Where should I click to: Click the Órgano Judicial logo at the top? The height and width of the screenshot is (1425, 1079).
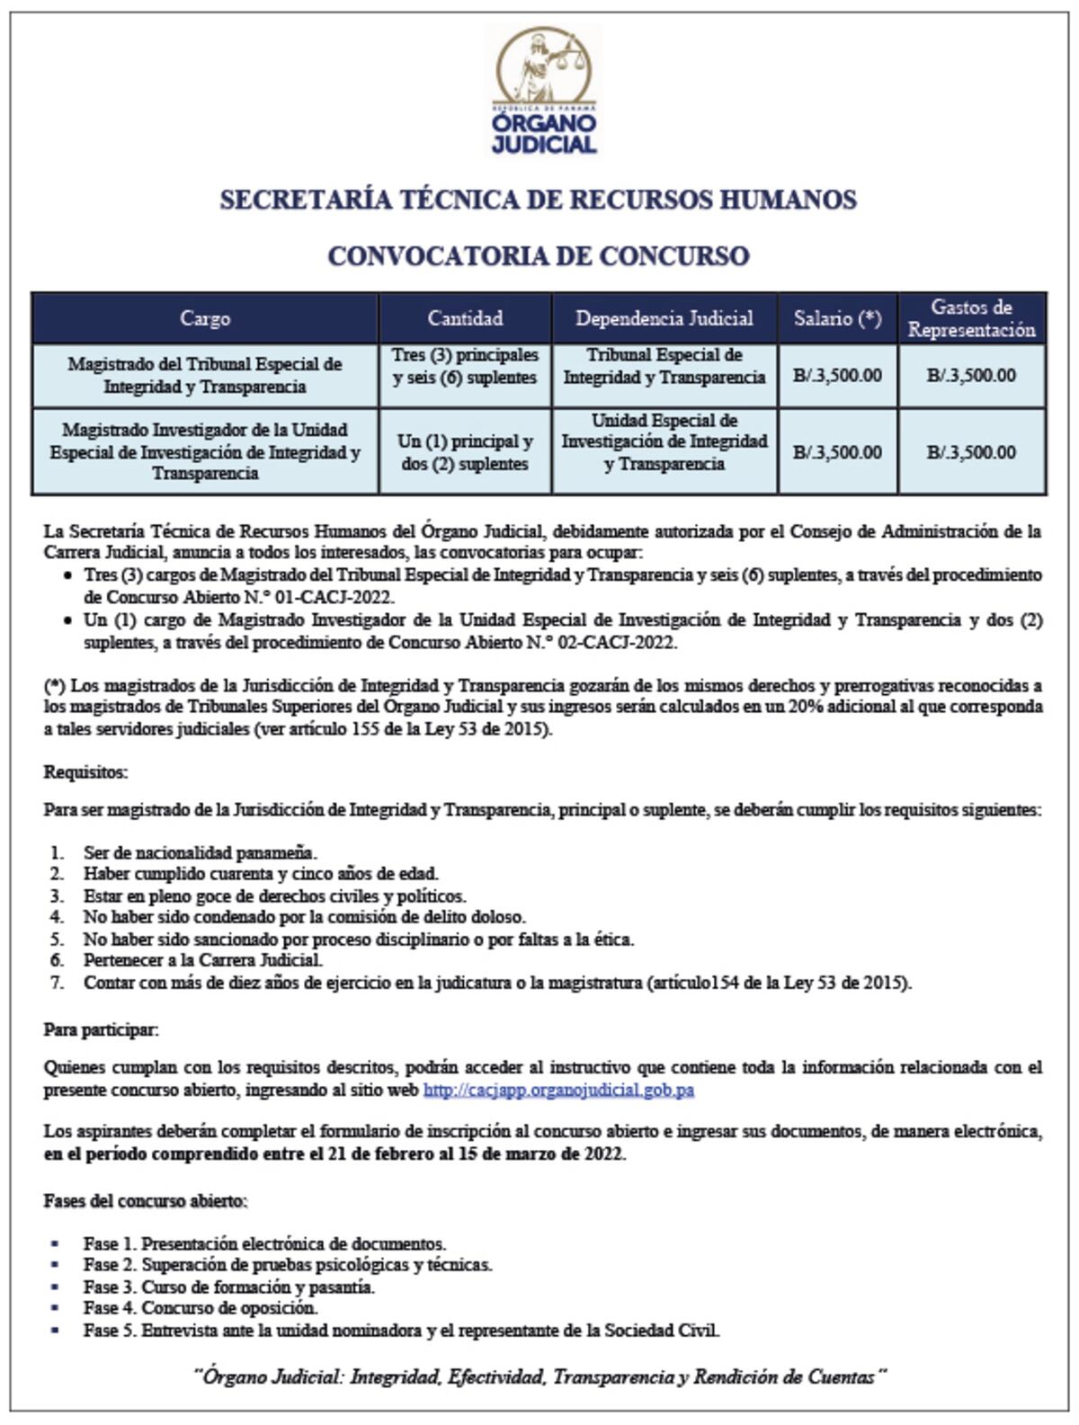pos(543,89)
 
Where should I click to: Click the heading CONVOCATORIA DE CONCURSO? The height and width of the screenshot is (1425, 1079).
pos(538,256)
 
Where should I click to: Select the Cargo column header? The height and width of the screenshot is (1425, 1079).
pos(205,318)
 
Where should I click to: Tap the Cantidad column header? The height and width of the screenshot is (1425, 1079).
pos(465,318)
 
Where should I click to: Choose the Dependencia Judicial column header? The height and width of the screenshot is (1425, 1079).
pos(664,318)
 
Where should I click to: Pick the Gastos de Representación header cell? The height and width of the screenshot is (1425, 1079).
pos(971,318)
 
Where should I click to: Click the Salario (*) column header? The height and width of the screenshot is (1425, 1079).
pos(837,318)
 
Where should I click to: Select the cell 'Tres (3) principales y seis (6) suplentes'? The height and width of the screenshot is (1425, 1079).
pos(465,367)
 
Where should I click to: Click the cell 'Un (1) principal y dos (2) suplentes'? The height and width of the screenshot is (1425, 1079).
pos(465,452)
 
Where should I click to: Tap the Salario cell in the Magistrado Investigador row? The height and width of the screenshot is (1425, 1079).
pos(837,452)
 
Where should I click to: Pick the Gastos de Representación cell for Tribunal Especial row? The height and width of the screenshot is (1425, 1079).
pos(971,375)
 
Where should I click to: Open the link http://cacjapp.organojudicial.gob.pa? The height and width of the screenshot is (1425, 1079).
pos(557,1091)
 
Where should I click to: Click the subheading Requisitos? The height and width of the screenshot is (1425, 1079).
pos(86,772)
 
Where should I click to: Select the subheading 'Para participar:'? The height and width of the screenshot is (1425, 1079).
pos(101,1030)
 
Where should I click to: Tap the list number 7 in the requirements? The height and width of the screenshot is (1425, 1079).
pos(58,983)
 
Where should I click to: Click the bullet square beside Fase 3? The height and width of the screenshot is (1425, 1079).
pos(56,1287)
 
